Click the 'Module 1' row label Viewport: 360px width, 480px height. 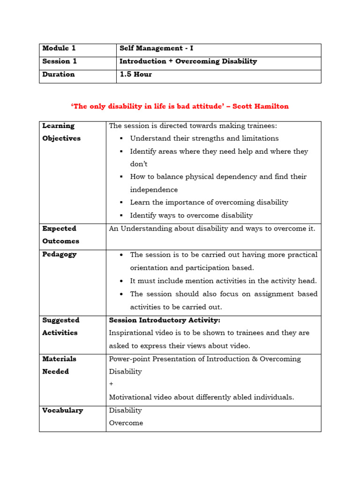(59, 48)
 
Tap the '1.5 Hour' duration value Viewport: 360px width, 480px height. (135, 74)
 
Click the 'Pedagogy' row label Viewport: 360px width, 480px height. (59, 255)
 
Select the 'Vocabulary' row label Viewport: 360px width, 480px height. (62, 410)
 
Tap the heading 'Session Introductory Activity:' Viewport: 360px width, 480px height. (165, 320)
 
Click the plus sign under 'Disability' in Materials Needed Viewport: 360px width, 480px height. (111, 384)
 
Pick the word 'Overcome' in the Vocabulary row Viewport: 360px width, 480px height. (126, 423)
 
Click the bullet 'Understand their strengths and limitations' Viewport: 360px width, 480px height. (204, 138)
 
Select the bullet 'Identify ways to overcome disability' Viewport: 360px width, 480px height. (191, 216)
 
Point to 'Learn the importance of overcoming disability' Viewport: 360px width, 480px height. (209, 202)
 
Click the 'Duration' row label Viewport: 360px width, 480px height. (59, 74)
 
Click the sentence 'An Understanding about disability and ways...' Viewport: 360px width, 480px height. (212, 229)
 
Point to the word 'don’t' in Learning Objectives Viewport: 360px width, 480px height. (139, 164)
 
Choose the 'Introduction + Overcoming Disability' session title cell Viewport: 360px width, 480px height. (188, 61)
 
